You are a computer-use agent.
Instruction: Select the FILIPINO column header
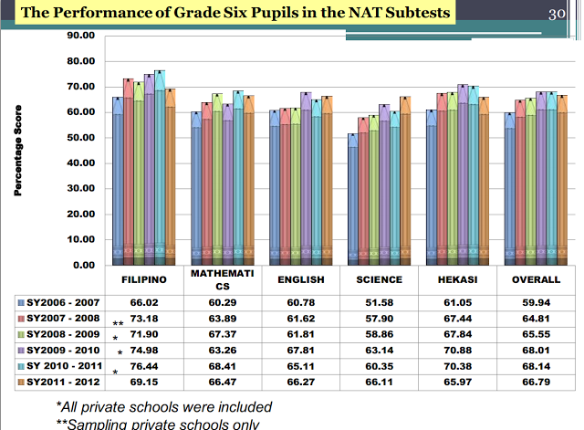pyautogui.click(x=148, y=280)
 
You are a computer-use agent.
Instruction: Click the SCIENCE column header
pyautogui.click(x=373, y=280)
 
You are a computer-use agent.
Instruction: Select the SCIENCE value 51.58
pyautogui.click(x=373, y=301)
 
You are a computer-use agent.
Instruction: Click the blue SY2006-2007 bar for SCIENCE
pyautogui.click(x=353, y=201)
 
